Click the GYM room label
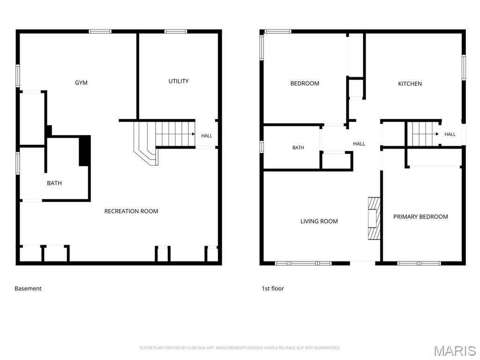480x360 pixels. click(x=81, y=82)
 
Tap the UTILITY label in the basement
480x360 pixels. click(x=179, y=81)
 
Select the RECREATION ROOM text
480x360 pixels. click(x=131, y=211)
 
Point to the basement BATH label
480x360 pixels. click(x=54, y=183)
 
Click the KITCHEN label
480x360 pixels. click(x=410, y=83)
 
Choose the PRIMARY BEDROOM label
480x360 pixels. click(x=420, y=217)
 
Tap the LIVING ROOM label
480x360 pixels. click(x=319, y=221)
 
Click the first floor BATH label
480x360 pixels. click(x=298, y=148)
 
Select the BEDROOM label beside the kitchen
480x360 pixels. click(x=305, y=83)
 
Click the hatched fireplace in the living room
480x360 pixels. click(x=374, y=218)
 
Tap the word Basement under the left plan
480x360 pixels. click(x=28, y=288)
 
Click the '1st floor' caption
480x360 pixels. click(x=273, y=288)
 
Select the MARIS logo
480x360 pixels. click(x=455, y=351)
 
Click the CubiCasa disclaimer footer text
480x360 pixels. click(x=240, y=348)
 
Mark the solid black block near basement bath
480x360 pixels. click(x=85, y=150)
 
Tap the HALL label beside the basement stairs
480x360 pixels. click(x=207, y=135)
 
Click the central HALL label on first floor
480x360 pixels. click(x=359, y=143)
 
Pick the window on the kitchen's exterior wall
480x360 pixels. click(x=464, y=67)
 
